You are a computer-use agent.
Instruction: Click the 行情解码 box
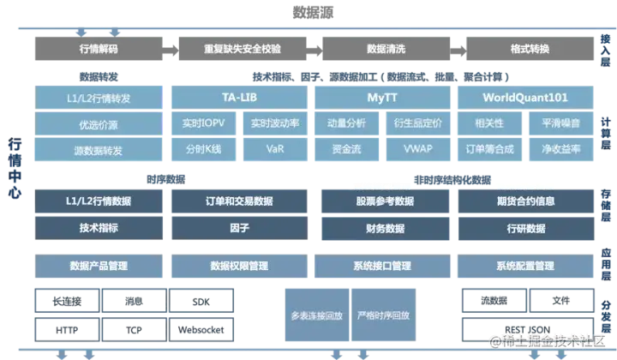pyautogui.click(x=94, y=48)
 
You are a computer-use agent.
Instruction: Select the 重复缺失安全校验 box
pyautogui.click(x=242, y=48)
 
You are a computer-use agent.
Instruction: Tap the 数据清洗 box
pyautogui.click(x=386, y=48)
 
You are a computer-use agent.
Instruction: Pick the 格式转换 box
pyautogui.click(x=530, y=48)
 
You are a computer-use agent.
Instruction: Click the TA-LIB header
pyautogui.click(x=240, y=97)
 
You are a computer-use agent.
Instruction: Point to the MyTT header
pyautogui.click(x=383, y=97)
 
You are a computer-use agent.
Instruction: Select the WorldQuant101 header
pyautogui.click(x=524, y=97)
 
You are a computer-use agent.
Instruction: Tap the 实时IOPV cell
pyautogui.click(x=203, y=123)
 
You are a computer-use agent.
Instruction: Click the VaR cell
pyautogui.click(x=275, y=148)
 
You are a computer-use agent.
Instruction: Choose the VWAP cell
pyautogui.click(x=418, y=148)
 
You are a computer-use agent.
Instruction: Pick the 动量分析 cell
pyautogui.click(x=347, y=123)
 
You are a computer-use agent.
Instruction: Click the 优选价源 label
pyautogui.click(x=99, y=125)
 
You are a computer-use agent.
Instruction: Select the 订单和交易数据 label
pyautogui.click(x=241, y=201)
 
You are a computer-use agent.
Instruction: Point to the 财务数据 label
pyautogui.click(x=384, y=229)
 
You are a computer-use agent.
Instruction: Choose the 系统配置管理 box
pyautogui.click(x=524, y=267)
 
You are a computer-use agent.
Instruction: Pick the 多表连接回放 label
pyautogui.click(x=316, y=315)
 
